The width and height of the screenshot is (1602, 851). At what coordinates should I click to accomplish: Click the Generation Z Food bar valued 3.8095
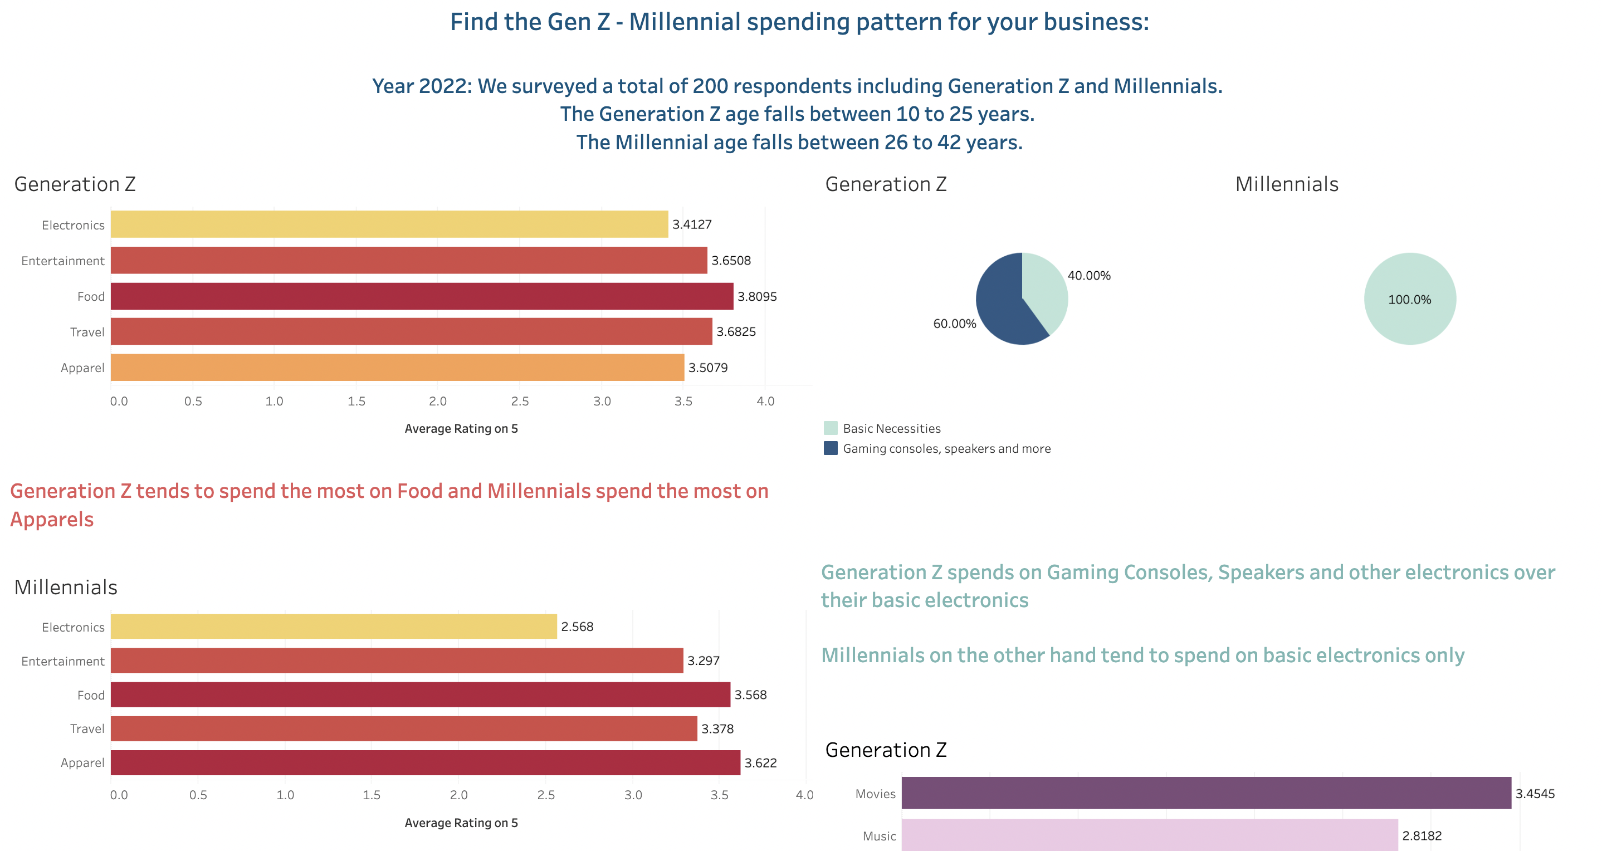pyautogui.click(x=422, y=296)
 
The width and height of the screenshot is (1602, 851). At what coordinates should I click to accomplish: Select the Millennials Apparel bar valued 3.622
pyautogui.click(x=426, y=763)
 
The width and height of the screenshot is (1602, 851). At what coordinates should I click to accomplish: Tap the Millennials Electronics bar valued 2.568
pyautogui.click(x=333, y=627)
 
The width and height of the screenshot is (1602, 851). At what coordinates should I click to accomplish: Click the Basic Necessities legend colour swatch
pyautogui.click(x=830, y=428)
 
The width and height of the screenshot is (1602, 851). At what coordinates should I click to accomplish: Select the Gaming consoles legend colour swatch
pyautogui.click(x=830, y=448)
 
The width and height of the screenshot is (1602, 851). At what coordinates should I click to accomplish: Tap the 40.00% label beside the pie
pyautogui.click(x=1088, y=275)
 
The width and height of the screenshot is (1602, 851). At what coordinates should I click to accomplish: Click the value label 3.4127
pyautogui.click(x=692, y=224)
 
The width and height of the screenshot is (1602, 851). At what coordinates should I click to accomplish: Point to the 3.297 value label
pyautogui.click(x=703, y=661)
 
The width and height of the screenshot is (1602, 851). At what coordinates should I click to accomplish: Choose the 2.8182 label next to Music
pyautogui.click(x=1421, y=836)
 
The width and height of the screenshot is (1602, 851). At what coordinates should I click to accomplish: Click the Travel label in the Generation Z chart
pyautogui.click(x=87, y=332)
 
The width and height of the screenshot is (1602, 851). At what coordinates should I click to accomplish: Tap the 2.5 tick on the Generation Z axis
pyautogui.click(x=519, y=402)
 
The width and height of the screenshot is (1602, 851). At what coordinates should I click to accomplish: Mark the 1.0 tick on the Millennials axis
pyautogui.click(x=285, y=795)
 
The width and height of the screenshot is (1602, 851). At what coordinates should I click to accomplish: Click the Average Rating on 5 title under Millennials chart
pyautogui.click(x=461, y=823)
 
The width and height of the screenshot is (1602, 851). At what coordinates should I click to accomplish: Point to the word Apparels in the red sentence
pyautogui.click(x=52, y=519)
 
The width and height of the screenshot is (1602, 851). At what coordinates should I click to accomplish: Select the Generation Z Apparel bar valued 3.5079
pyautogui.click(x=397, y=368)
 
